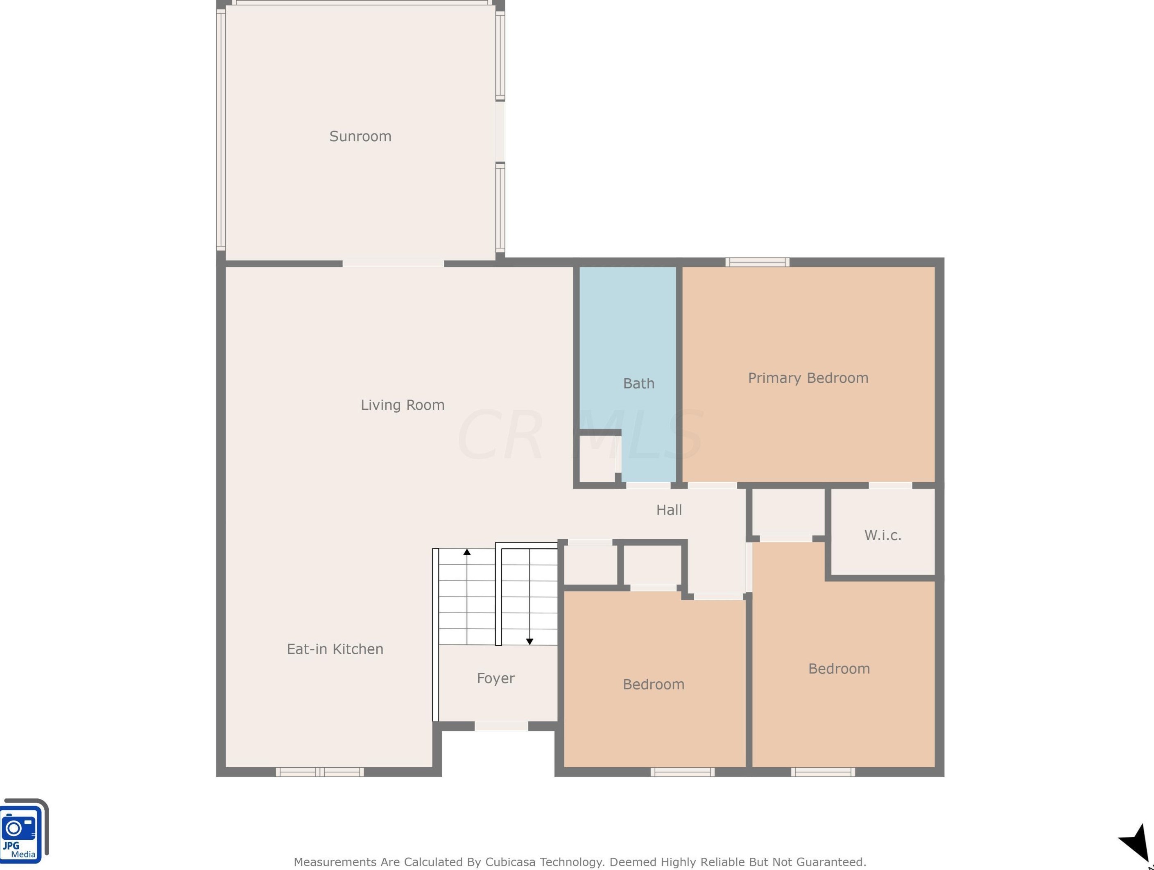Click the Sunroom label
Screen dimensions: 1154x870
360,136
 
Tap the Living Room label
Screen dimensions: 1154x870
402,405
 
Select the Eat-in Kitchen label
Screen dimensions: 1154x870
335,649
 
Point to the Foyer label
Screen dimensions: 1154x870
496,678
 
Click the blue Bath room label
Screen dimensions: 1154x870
638,383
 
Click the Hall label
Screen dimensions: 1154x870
669,510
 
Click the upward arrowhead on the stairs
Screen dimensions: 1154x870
467,552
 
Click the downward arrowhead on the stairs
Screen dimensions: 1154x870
529,642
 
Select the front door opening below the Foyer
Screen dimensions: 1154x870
501,726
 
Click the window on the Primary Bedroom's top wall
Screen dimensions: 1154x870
757,262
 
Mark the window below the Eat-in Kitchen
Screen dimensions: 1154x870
319,772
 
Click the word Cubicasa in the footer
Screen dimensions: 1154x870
510,862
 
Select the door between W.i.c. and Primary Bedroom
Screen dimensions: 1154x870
890,486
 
